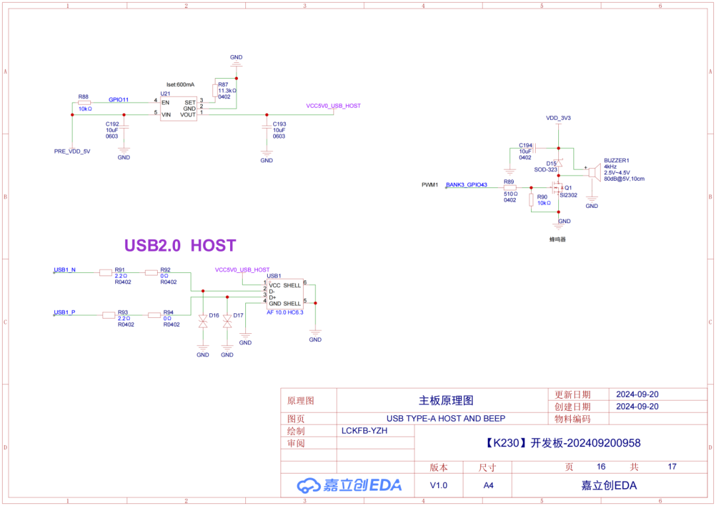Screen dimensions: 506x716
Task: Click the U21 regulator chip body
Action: (x=180, y=108)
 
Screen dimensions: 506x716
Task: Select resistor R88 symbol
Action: (x=84, y=103)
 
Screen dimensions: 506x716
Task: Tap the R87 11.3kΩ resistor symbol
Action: (x=214, y=91)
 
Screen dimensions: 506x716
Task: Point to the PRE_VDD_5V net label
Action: (x=72, y=152)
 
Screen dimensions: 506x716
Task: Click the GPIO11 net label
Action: (x=119, y=99)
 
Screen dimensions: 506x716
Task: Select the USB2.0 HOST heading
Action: (x=180, y=246)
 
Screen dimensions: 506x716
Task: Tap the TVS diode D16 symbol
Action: (x=203, y=322)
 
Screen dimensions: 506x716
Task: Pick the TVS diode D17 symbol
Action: (x=227, y=322)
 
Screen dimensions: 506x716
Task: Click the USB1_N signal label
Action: (x=64, y=270)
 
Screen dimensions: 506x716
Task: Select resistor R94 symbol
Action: (x=154, y=315)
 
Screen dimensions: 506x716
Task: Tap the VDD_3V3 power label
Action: (x=558, y=118)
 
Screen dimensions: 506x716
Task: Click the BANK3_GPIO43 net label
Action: (x=467, y=185)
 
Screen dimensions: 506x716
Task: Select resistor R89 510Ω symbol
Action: (x=509, y=188)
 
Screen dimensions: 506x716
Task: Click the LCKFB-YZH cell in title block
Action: (x=364, y=430)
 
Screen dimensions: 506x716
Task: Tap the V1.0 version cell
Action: (x=438, y=485)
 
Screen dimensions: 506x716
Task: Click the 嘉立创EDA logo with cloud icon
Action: (x=349, y=485)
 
